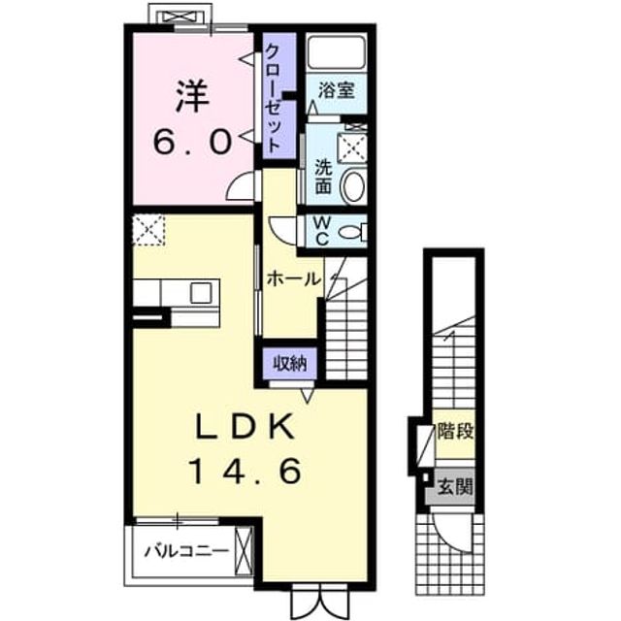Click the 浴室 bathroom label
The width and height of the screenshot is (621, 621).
tap(337, 91)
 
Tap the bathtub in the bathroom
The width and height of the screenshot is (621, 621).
tap(337, 52)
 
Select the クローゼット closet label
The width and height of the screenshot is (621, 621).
tap(274, 98)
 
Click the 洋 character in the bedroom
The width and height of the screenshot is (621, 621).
tap(192, 97)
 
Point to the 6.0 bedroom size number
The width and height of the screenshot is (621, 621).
tap(192, 143)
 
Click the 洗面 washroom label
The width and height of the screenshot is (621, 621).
tap(323, 177)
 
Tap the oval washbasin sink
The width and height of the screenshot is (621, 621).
tap(353, 186)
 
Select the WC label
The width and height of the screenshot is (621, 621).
tap(321, 231)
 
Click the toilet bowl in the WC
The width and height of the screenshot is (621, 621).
tap(349, 233)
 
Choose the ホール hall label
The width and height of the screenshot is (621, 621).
tap(293, 280)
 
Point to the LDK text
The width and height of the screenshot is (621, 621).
tap(245, 427)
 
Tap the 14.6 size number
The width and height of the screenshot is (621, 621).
tap(245, 472)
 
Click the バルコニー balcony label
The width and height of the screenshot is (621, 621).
tap(187, 550)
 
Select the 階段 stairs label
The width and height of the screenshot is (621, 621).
tap(455, 431)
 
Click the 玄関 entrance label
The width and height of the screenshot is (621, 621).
tap(455, 486)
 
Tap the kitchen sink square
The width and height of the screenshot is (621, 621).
tap(201, 293)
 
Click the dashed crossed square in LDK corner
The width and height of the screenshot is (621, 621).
tap(148, 230)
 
